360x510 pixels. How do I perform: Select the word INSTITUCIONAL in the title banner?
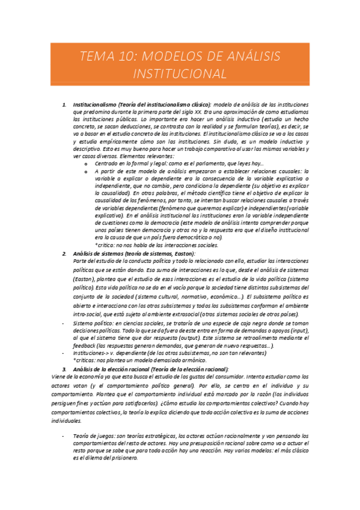point(180,74)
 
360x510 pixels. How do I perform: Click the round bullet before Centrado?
point(87,164)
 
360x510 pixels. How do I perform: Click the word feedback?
point(84,346)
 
